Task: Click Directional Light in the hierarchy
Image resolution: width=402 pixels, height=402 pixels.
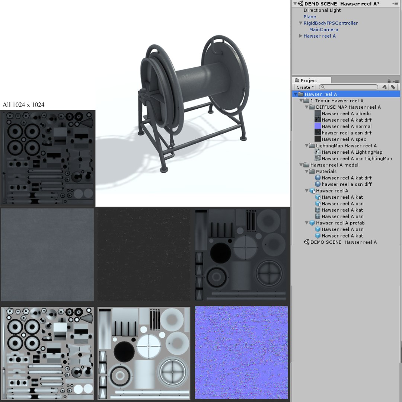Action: click(322, 10)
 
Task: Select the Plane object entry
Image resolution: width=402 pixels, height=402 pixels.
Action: click(310, 17)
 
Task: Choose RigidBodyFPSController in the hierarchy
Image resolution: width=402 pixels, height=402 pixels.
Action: click(331, 23)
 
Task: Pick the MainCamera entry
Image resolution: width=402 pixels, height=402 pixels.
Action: click(323, 30)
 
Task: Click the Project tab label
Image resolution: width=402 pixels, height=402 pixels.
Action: click(309, 80)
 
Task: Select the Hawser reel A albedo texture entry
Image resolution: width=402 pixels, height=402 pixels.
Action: click(346, 114)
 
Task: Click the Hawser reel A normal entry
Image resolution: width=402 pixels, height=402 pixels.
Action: click(347, 127)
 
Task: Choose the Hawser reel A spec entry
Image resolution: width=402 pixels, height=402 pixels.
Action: click(344, 139)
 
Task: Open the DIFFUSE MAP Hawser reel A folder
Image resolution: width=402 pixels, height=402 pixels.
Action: click(348, 107)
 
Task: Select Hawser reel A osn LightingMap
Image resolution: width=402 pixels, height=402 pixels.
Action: click(357, 159)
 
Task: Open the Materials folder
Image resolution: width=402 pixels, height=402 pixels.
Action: click(326, 172)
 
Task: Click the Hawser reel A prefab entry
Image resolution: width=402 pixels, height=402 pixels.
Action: click(340, 223)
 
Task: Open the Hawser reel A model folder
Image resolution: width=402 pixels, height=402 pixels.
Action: click(334, 165)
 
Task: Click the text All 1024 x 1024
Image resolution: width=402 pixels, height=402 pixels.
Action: click(23, 105)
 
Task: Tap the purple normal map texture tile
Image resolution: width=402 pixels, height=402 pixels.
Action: click(241, 352)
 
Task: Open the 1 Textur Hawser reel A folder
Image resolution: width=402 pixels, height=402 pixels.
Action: click(336, 101)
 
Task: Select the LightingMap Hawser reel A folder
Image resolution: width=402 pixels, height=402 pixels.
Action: click(346, 146)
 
